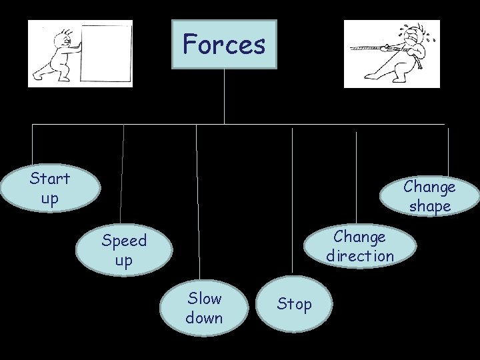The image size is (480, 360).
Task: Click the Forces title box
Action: (224, 45)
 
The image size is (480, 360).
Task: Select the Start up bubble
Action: (49, 188)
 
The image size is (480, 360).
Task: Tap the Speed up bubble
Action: (123, 250)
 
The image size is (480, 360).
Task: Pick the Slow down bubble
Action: (204, 307)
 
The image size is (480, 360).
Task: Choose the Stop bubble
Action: (294, 304)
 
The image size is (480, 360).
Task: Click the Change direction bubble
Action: (360, 245)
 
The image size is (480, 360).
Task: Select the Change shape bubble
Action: (429, 196)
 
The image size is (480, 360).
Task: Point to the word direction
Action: (360, 256)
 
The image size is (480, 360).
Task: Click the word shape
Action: (429, 207)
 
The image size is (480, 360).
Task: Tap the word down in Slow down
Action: (204, 318)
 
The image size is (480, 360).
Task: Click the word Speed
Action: (123, 240)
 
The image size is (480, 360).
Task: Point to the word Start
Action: (49, 179)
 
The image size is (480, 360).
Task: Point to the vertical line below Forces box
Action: (224, 97)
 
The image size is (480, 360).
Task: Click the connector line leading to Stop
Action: (292, 200)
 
